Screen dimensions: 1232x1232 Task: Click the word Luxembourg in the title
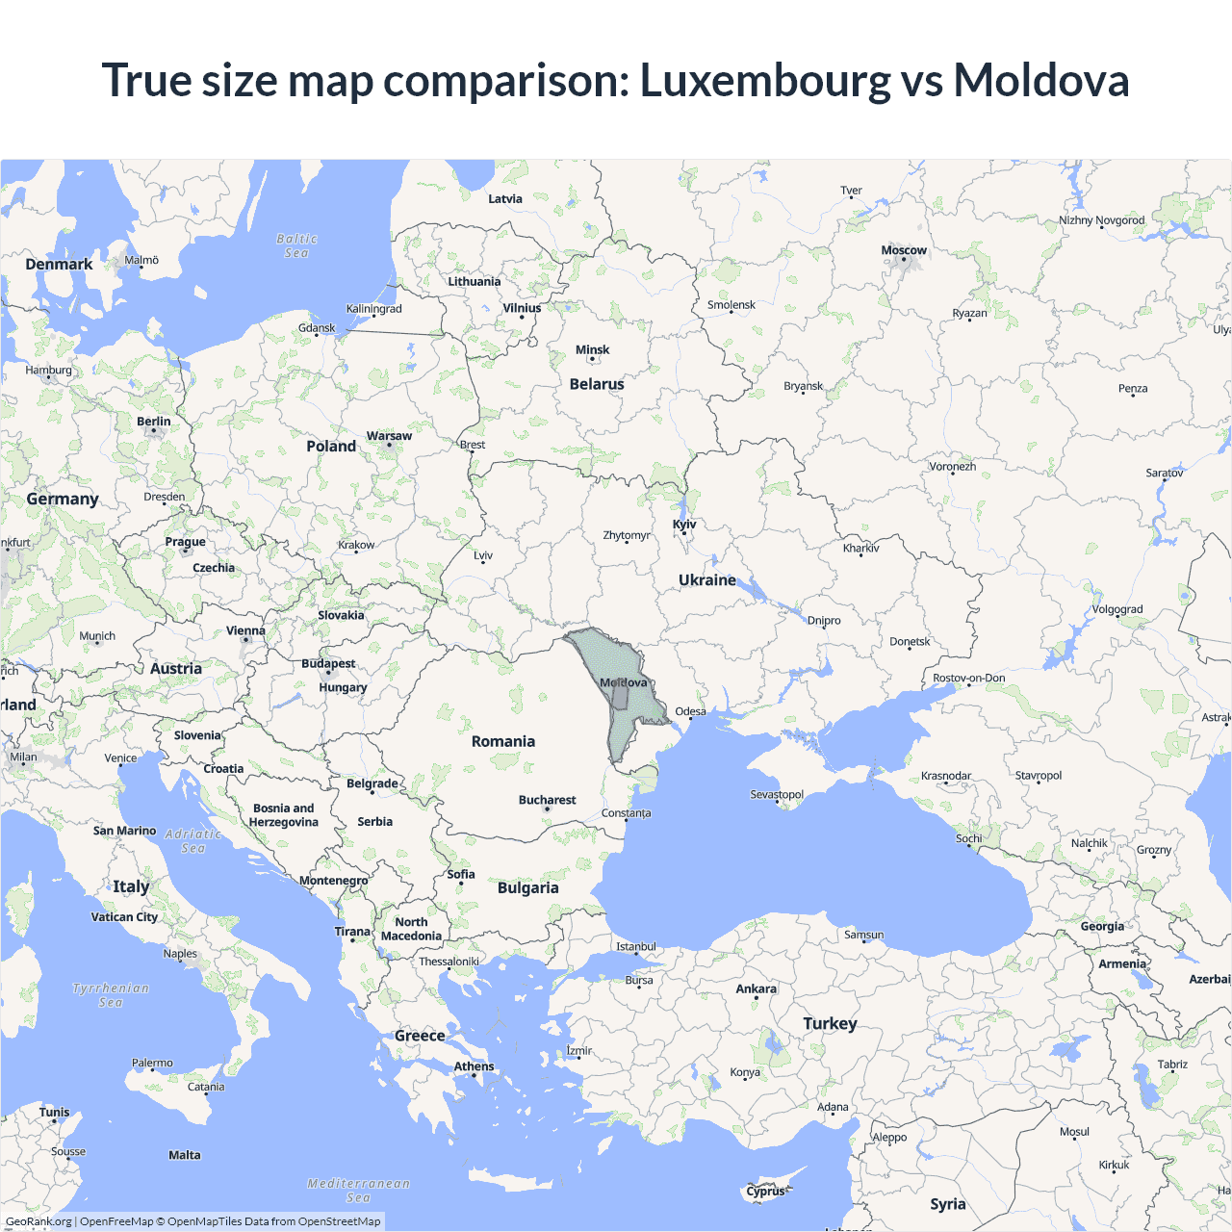click(x=765, y=80)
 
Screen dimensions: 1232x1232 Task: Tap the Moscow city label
click(x=904, y=250)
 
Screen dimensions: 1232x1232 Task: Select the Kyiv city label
click(x=684, y=525)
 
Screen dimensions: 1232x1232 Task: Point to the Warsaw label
click(x=389, y=436)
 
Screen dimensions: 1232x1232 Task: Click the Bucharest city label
click(x=547, y=800)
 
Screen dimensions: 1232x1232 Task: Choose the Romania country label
click(x=502, y=741)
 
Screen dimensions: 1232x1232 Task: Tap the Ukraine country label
click(x=706, y=579)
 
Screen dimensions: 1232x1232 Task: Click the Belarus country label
click(x=597, y=384)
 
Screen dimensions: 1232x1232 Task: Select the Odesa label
click(x=690, y=711)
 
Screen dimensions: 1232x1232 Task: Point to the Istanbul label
click(x=635, y=946)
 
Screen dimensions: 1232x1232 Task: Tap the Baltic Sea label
click(x=296, y=245)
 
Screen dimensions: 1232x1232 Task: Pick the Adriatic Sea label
click(x=192, y=841)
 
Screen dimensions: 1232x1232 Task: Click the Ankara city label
click(x=756, y=988)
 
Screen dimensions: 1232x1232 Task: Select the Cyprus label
click(x=765, y=1191)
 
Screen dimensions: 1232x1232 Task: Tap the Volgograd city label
click(x=1116, y=609)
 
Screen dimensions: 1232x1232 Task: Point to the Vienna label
click(x=245, y=631)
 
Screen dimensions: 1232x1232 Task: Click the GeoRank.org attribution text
click(x=38, y=1221)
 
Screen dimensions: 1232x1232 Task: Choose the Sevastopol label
click(x=776, y=794)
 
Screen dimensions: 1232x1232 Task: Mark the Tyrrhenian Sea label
click(x=111, y=995)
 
